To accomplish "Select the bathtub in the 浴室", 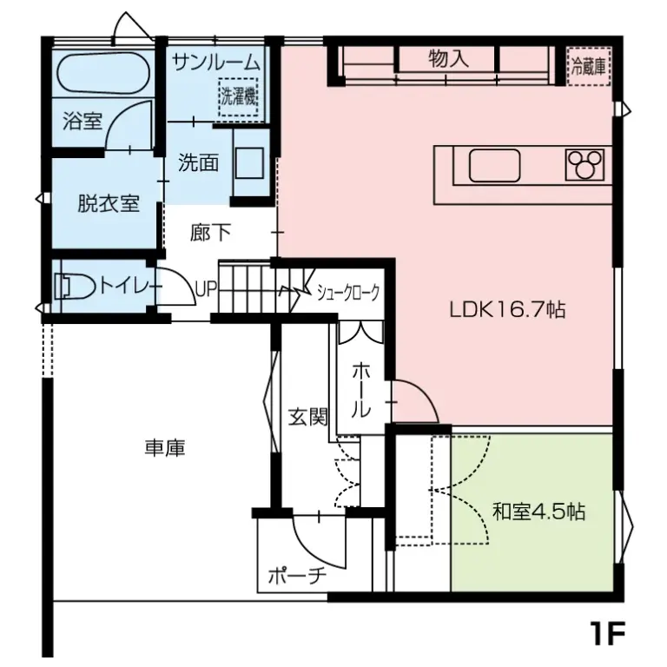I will click(102, 76).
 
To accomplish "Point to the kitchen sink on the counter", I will click(494, 165).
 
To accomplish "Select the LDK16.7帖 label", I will click(507, 309).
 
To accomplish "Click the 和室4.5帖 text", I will click(538, 512).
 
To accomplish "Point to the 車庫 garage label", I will click(165, 448).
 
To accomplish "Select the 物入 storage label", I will click(448, 59).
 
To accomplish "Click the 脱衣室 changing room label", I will click(109, 204).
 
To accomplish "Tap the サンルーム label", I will click(216, 62).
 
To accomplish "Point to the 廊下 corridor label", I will click(210, 234).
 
